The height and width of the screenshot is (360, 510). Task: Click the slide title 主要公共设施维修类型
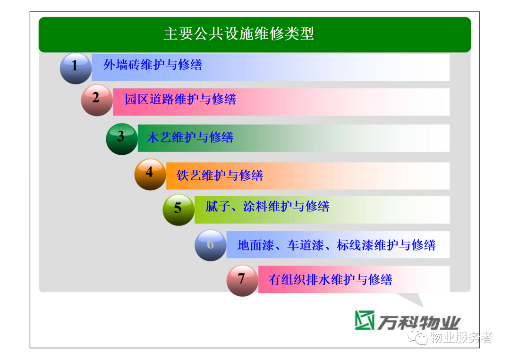click(x=239, y=34)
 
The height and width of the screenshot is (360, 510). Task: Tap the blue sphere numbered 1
click(x=76, y=68)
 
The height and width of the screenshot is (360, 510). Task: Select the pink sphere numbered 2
click(x=97, y=100)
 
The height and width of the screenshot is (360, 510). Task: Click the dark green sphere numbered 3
click(x=122, y=139)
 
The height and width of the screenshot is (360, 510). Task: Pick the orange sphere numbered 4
click(x=150, y=175)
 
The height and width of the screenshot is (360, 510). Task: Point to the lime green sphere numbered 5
click(x=178, y=210)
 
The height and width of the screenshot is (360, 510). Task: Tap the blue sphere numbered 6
click(x=211, y=245)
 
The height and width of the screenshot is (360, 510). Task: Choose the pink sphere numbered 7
click(x=242, y=281)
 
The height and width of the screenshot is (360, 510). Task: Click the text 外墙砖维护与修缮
click(x=153, y=65)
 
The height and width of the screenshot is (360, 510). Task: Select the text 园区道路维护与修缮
click(x=180, y=99)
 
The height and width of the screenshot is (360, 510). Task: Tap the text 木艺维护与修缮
click(x=190, y=137)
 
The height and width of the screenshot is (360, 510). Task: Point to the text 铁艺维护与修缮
click(x=220, y=176)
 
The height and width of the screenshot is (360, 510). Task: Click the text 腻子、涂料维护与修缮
click(x=267, y=206)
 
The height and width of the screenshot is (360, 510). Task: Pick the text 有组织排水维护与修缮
click(x=331, y=279)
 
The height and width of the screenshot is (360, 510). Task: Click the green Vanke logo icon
click(x=364, y=320)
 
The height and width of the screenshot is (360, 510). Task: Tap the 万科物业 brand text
click(x=419, y=323)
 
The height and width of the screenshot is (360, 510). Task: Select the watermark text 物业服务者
click(x=461, y=337)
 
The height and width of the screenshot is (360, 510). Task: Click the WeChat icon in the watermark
click(x=418, y=337)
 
